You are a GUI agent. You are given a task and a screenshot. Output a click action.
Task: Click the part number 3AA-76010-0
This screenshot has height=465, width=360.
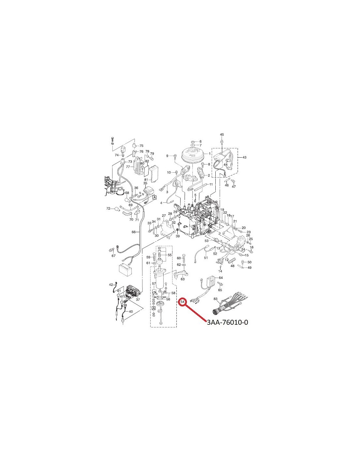[x=227, y=328]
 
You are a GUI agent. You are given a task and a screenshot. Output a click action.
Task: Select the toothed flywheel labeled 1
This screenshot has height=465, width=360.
[x=192, y=156]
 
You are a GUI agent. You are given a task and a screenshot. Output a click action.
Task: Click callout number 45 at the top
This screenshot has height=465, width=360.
[x=222, y=135]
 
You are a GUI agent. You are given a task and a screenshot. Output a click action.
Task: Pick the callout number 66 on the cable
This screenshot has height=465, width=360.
[x=134, y=232]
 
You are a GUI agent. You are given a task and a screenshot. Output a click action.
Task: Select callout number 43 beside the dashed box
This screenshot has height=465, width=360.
[x=244, y=157]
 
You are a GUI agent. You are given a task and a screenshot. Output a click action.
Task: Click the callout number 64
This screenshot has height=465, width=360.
[x=221, y=278]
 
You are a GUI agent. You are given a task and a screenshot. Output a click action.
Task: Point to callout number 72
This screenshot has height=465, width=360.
[x=108, y=208]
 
